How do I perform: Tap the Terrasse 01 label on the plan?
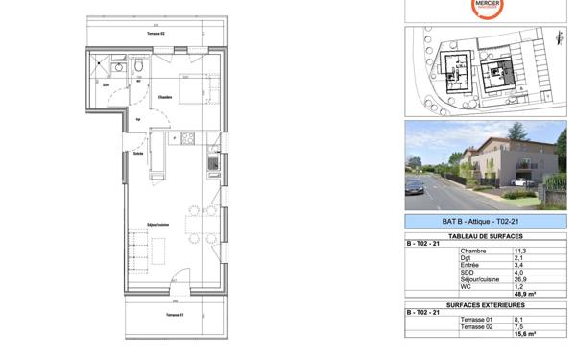pyautogui.click(x=174, y=314)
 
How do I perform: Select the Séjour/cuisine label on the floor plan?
pyautogui.click(x=159, y=225)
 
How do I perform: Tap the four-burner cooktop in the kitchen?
pyautogui.click(x=188, y=139)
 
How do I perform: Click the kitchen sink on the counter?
pyautogui.click(x=213, y=164)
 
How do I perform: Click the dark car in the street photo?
pyautogui.click(x=415, y=187)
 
